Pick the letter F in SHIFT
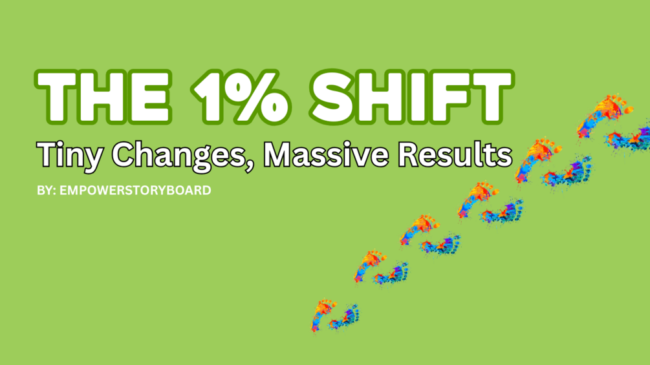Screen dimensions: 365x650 (458, 97)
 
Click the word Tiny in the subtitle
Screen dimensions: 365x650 (65, 155)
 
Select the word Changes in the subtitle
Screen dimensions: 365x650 (176, 155)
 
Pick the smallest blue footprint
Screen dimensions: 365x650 (345, 318)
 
